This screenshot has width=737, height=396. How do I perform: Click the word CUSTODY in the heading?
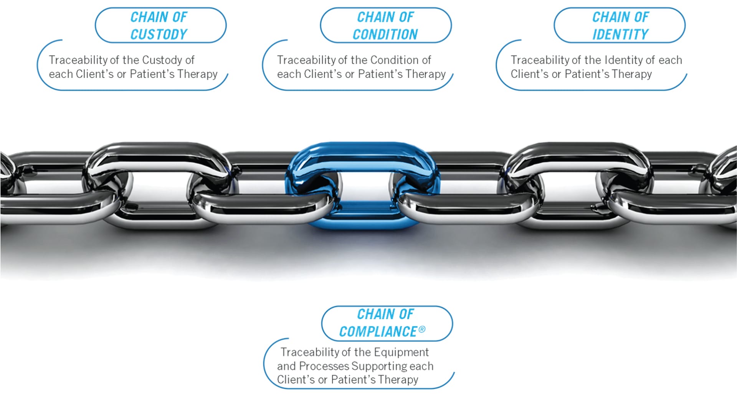click(159, 35)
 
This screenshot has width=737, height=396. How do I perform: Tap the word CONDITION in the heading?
click(385, 35)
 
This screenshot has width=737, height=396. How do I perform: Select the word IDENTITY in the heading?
click(620, 35)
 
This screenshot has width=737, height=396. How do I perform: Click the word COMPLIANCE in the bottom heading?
click(378, 331)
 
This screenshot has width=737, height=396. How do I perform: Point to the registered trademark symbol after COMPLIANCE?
click(422, 329)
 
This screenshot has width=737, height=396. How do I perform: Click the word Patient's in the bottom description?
click(353, 380)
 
